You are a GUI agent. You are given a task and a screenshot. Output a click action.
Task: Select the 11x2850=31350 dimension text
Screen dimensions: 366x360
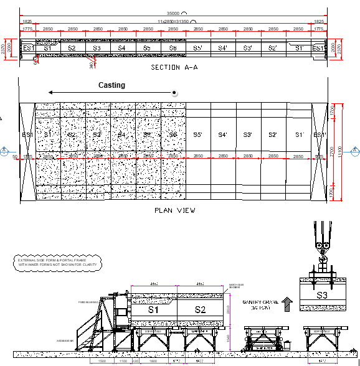[x=173, y=21]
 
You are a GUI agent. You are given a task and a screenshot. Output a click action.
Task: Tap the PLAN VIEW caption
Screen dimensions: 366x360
[x=174, y=210]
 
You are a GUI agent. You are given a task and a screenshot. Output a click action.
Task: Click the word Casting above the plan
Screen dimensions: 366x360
[x=111, y=85]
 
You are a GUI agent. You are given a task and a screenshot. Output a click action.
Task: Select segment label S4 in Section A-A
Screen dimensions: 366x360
[x=121, y=48]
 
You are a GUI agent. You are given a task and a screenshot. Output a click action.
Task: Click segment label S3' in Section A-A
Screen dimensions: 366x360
[x=247, y=48]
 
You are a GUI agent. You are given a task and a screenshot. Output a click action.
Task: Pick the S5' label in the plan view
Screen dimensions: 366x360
[x=197, y=134]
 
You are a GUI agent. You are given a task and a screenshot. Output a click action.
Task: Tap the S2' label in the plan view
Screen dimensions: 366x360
[x=272, y=134]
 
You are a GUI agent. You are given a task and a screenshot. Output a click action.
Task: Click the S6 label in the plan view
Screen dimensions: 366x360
[x=173, y=134]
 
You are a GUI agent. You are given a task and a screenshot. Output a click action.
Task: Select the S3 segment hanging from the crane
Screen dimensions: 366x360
[x=322, y=295]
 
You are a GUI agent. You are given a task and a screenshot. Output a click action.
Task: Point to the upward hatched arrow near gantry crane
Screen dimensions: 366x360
[x=287, y=303]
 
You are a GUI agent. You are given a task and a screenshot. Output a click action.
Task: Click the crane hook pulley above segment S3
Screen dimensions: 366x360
[x=322, y=245]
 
